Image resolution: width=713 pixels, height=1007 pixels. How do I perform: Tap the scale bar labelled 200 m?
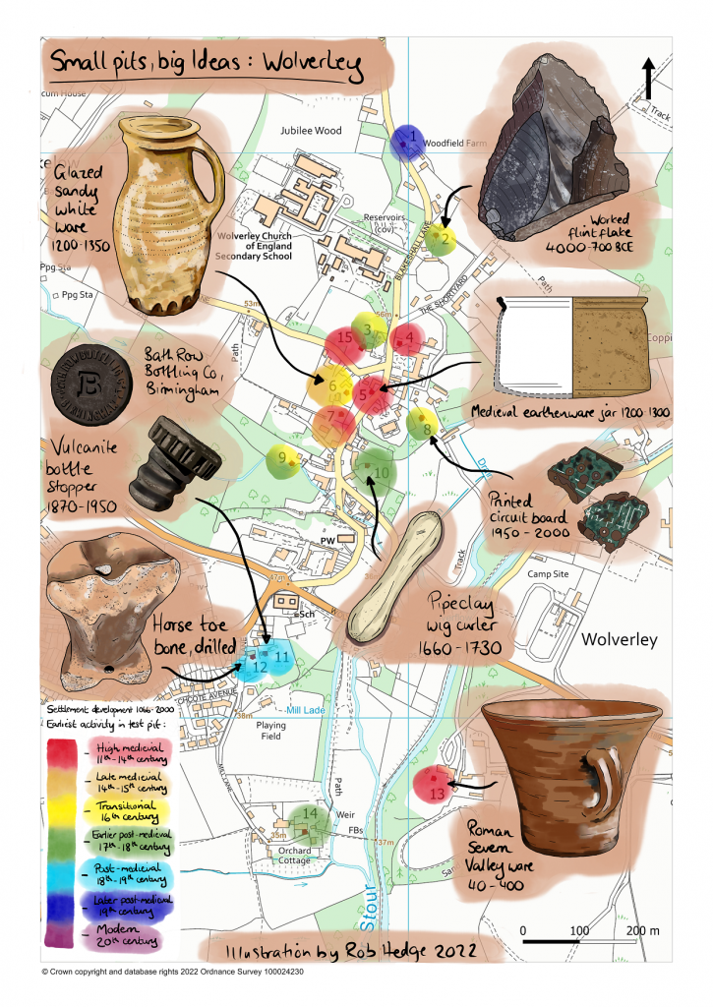(x=590, y=941)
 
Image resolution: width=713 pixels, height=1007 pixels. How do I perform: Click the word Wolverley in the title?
(x=308, y=67)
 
